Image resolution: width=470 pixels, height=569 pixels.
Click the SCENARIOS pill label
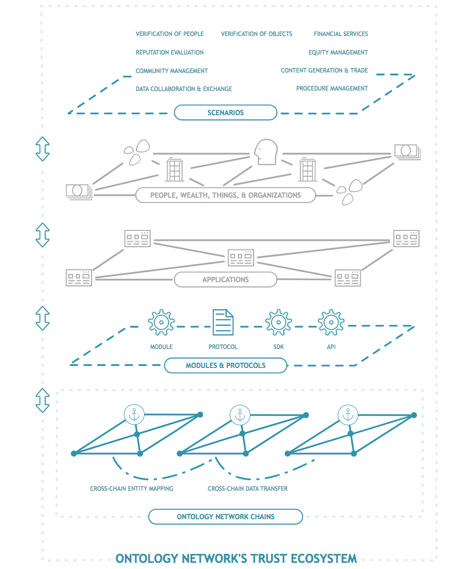point(226,113)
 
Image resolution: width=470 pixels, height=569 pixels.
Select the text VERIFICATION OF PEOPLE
point(170,34)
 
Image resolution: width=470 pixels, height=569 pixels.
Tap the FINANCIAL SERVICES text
point(341,34)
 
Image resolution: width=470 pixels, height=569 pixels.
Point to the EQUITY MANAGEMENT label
point(338,52)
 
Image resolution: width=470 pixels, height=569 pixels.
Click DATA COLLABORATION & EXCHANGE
point(184,89)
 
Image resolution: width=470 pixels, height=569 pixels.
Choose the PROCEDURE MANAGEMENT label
point(332,88)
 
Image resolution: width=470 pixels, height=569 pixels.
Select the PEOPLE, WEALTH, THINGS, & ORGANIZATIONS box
point(226,195)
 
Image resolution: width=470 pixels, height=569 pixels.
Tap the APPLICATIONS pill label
point(226,280)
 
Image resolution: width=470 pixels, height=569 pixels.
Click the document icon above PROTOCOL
point(223,322)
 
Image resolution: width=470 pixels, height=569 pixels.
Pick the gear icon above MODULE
point(161,322)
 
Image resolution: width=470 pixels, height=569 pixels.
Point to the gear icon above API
point(331,322)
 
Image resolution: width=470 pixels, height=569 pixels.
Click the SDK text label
point(278,347)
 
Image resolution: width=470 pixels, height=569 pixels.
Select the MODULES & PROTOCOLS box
point(226,366)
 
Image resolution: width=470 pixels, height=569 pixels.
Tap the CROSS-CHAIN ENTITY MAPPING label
point(132,488)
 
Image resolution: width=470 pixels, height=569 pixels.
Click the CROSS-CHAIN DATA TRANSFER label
point(247,488)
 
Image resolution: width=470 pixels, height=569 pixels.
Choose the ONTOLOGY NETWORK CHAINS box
point(226,516)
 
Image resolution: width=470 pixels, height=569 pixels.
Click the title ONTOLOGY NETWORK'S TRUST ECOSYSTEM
point(236,558)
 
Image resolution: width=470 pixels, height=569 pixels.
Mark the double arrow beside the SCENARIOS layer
point(43,149)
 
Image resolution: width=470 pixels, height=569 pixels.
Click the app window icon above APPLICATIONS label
point(241,257)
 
